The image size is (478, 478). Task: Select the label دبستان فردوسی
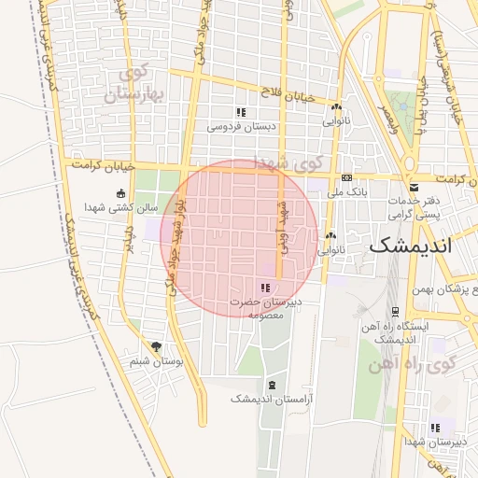coord(240,125)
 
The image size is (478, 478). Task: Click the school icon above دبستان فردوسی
coord(241,112)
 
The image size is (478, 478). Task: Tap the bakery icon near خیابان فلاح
coord(336,107)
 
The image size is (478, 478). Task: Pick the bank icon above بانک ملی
coord(347,178)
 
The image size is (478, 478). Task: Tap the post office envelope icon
coord(413,188)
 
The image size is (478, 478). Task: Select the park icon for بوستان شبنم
coord(155,346)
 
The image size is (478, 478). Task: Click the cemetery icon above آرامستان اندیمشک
coord(272,385)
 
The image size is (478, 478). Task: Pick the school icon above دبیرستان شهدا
coord(435,428)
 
